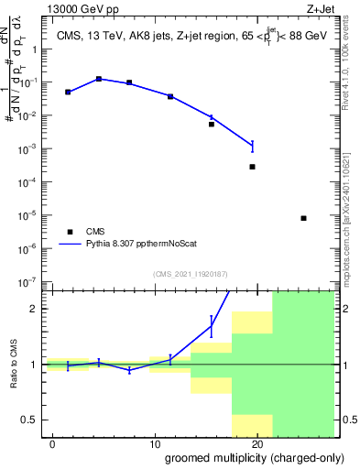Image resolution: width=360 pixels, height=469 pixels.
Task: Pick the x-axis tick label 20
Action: tap(258, 444)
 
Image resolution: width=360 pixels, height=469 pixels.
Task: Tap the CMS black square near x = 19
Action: tap(252, 167)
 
